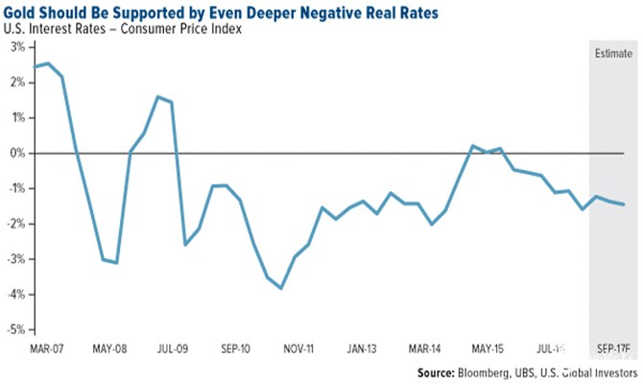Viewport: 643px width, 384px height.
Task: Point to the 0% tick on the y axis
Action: coord(17,153)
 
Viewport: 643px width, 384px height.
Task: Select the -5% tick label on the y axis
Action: coord(16,329)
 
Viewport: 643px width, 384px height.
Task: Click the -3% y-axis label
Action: coord(16,259)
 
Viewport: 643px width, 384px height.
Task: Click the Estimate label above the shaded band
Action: coord(610,53)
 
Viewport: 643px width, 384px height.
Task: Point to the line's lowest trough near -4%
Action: coord(280,288)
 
